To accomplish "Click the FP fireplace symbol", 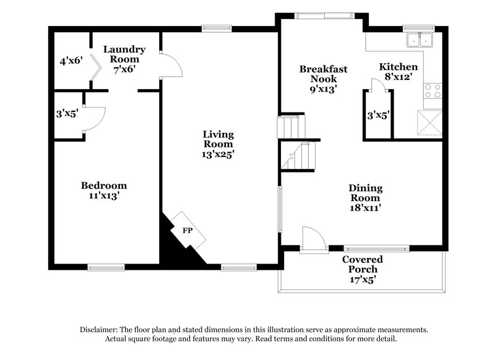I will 186,230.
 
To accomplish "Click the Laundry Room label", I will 124,54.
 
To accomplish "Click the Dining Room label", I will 365,193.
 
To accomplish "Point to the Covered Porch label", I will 363,264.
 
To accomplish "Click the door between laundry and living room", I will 171,64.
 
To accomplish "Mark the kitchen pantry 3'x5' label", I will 377,114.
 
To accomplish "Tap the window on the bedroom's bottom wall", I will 106,267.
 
